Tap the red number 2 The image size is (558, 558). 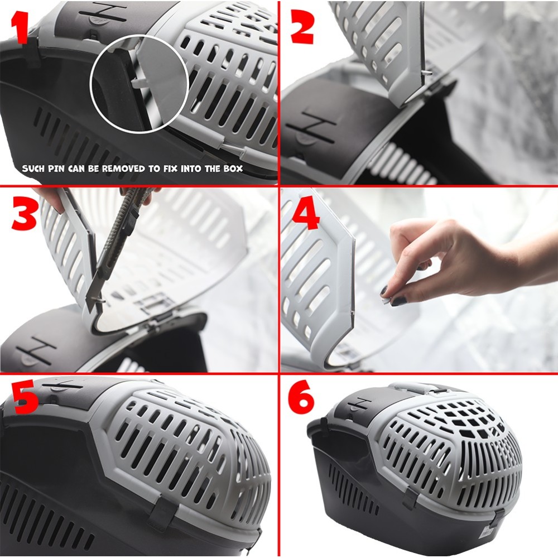tap(302, 28)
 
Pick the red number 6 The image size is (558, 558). tap(301, 397)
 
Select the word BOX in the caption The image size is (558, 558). tap(233, 169)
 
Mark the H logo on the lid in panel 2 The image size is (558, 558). tap(314, 129)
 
